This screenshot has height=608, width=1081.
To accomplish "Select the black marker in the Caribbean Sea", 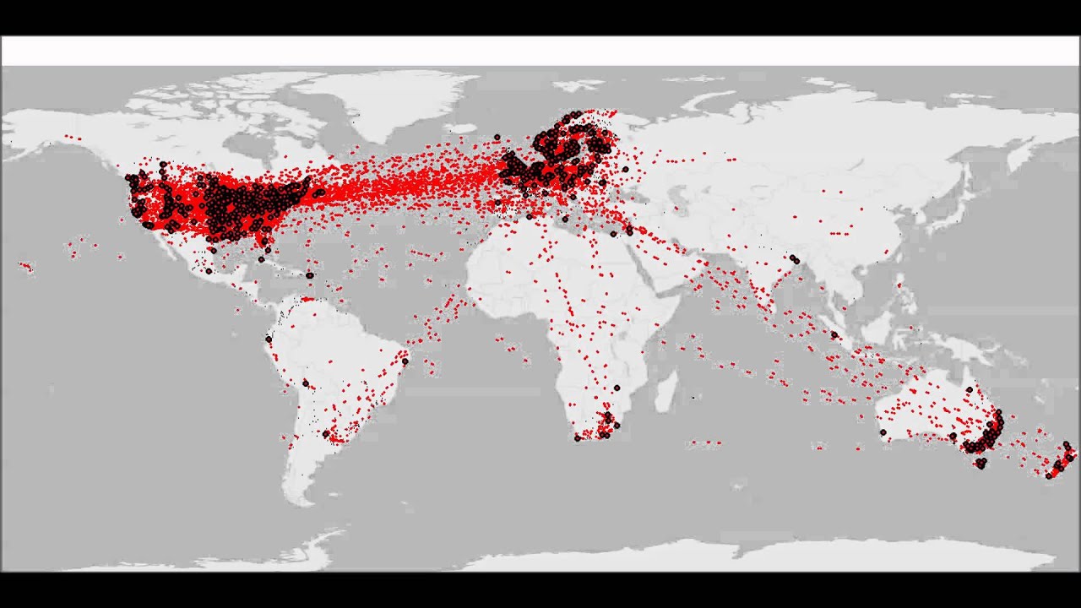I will tap(310, 275).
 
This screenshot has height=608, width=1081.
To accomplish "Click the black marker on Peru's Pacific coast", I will tap(269, 339).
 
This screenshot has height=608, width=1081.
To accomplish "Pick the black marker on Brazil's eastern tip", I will tap(405, 361).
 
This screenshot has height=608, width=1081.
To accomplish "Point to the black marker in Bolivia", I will tap(306, 383).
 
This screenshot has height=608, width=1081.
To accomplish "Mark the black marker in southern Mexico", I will tap(209, 271).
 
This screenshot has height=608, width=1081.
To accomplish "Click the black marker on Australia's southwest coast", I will tap(883, 432).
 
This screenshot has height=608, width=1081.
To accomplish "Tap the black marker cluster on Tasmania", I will tap(981, 463).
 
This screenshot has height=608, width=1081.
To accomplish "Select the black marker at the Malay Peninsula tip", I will tap(834, 335).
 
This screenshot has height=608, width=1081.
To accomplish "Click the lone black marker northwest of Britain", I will tap(497, 137).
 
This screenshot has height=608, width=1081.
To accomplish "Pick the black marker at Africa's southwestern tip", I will tap(578, 438).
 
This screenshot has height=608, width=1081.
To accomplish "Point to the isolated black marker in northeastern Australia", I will tap(970, 389).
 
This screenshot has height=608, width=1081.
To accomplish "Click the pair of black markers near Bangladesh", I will tap(794, 259).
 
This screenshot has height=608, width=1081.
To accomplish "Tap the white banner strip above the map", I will tap(540, 51).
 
